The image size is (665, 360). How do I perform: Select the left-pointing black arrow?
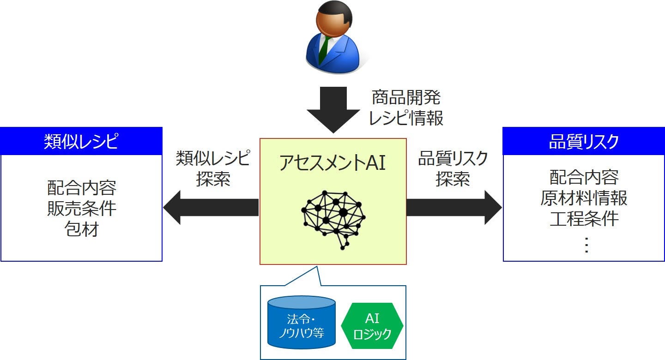pyautogui.click(x=211, y=208)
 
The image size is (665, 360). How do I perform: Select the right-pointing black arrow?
pyautogui.click(x=454, y=208)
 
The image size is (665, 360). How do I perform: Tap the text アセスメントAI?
pyautogui.click(x=332, y=163)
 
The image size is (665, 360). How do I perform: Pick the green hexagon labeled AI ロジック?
pyautogui.click(x=372, y=325)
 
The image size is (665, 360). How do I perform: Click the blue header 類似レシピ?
pyautogui.click(x=81, y=141)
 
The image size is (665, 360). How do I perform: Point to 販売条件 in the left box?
pyautogui.click(x=82, y=209)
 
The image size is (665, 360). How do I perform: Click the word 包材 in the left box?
pyautogui.click(x=82, y=229)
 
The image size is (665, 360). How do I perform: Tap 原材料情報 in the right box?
pyautogui.click(x=584, y=198)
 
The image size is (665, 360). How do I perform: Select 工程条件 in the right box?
pyautogui.click(x=584, y=218)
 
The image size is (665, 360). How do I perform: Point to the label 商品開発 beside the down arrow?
pyautogui.click(x=406, y=97)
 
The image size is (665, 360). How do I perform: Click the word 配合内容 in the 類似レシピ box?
pyautogui.click(x=82, y=188)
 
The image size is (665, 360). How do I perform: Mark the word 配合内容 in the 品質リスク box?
pyautogui.click(x=584, y=177)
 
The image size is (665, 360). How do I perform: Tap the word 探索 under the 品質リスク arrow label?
pyautogui.click(x=453, y=179)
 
